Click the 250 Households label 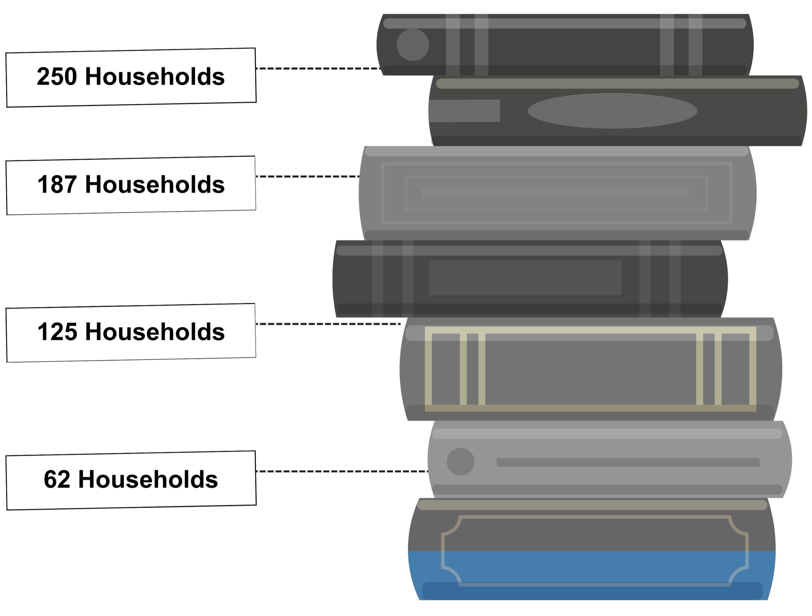click(x=131, y=77)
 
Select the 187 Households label click(x=131, y=185)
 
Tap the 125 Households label click(x=131, y=332)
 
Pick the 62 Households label click(x=131, y=480)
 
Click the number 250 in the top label click(x=57, y=77)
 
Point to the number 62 click(x=57, y=480)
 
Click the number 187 click(x=57, y=185)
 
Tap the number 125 click(x=57, y=332)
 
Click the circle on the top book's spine click(x=412, y=45)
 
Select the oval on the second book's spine click(x=612, y=111)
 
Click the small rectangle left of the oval click(x=464, y=111)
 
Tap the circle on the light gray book click(x=460, y=462)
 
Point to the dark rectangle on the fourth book click(x=525, y=278)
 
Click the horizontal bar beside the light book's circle click(x=628, y=462)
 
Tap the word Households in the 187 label click(x=155, y=185)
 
